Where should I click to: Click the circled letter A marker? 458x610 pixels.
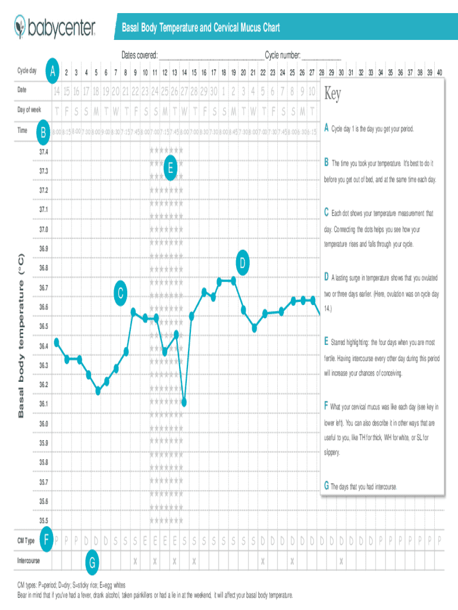[x=53, y=72]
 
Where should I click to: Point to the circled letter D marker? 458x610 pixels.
[x=243, y=263]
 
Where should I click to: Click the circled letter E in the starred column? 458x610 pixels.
[x=170, y=169]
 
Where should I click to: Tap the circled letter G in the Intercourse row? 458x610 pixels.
[x=92, y=562]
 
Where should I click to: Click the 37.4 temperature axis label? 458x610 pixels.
[x=44, y=152]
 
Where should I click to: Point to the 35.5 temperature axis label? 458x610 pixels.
[x=44, y=520]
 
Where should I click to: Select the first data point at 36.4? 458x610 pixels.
[x=57, y=341]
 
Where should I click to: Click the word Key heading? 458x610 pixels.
[x=333, y=95]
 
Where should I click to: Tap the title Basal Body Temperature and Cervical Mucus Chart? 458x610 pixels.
[x=200, y=28]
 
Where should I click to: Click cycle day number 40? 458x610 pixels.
[x=439, y=73]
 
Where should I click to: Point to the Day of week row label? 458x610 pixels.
[x=29, y=110]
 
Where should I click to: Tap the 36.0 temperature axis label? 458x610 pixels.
[x=44, y=424]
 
